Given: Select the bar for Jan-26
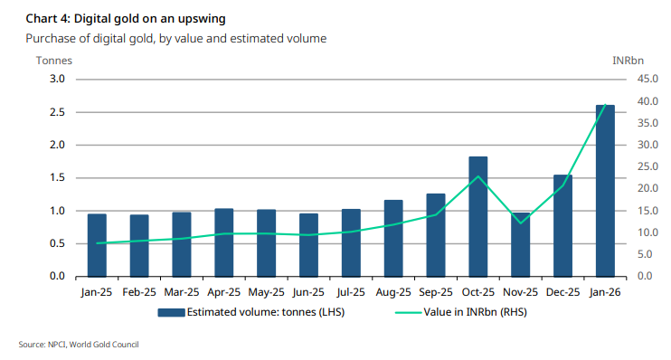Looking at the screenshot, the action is tap(605, 191).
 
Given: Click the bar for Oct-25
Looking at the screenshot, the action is tap(478, 216).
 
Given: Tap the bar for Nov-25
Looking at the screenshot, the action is tap(520, 245).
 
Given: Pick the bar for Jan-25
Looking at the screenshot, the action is tap(97, 245).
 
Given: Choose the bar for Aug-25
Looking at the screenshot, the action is tap(393, 239).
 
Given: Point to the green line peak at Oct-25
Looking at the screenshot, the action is tap(478, 176).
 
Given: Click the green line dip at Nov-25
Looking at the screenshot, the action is tap(520, 223).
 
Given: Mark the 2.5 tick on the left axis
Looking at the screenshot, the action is tap(57, 112).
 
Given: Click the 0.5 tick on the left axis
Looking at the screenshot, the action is tap(57, 243).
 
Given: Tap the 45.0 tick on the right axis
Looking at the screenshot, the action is tap(647, 80).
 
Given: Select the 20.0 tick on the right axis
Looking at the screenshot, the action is tap(647, 188).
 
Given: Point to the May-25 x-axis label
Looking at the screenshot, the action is tap(266, 292).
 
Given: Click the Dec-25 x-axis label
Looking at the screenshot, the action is tap(562, 292).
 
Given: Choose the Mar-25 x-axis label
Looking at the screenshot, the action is tap(182, 292).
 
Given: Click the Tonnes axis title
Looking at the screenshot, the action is tap(54, 61).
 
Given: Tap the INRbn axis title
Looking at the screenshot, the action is tap(628, 61).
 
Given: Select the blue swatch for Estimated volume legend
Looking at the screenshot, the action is tap(171, 312).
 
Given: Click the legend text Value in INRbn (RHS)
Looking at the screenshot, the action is tap(475, 312).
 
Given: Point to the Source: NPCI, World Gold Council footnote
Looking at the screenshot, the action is tap(79, 345).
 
